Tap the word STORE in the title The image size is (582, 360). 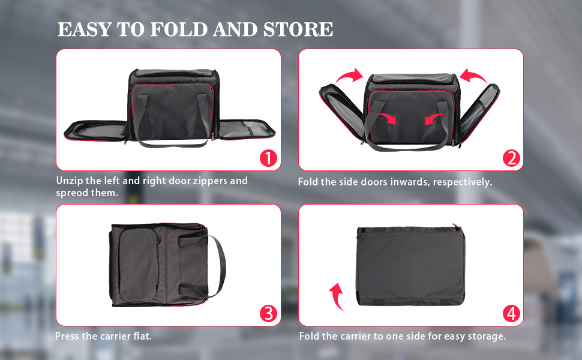298,29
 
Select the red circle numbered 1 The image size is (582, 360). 268,158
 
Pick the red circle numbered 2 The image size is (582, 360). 511,158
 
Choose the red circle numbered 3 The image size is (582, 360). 268,314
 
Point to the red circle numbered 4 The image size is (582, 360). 511,314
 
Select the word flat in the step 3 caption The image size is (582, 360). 142,336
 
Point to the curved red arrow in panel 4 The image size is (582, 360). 336,296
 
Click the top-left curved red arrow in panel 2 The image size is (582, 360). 349,76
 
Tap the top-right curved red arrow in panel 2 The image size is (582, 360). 473,76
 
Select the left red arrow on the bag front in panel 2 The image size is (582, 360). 387,118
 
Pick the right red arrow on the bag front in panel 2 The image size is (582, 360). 434,119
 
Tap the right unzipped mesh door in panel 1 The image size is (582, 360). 247,130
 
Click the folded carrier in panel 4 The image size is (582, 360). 410,265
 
